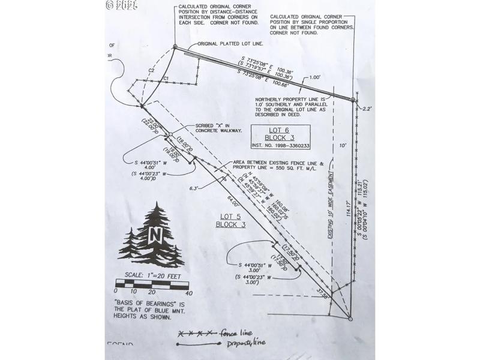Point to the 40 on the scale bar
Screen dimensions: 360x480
[190, 293]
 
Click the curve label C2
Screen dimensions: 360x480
[151, 71]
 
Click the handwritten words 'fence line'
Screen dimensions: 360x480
[237, 333]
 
